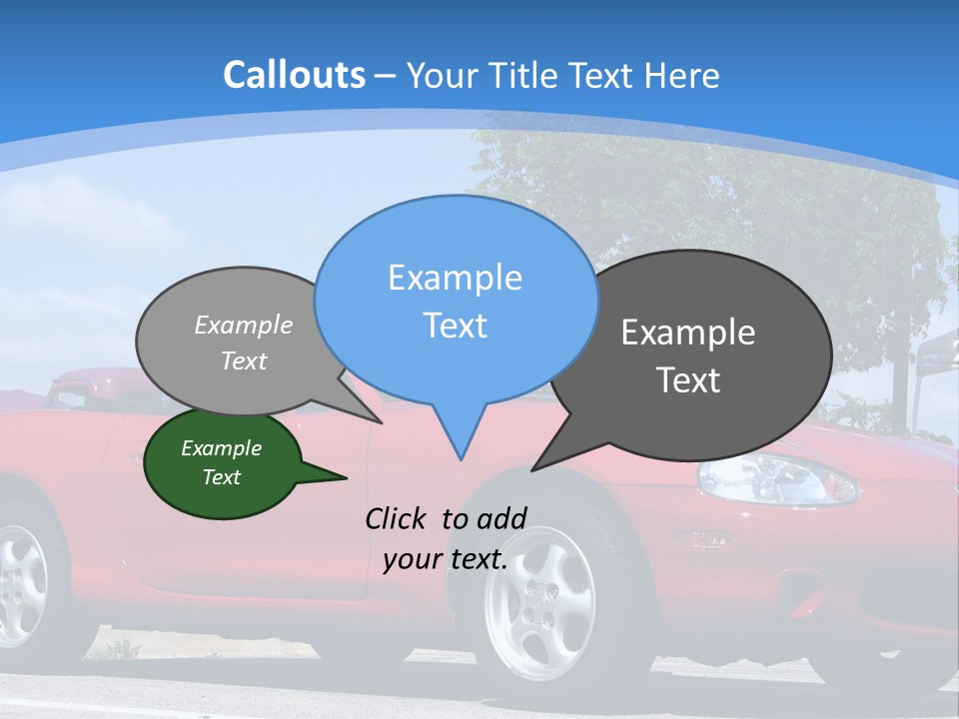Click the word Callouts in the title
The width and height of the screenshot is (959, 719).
pyautogui.click(x=294, y=75)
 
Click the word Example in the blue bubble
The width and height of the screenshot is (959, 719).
pyautogui.click(x=455, y=278)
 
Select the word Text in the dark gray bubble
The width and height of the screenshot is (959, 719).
pyautogui.click(x=688, y=380)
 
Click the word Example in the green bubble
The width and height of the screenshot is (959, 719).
pyautogui.click(x=222, y=448)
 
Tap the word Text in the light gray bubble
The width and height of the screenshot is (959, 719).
pyautogui.click(x=244, y=361)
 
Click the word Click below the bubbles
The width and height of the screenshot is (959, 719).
pyautogui.click(x=398, y=518)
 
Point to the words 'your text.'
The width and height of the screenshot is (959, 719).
pyautogui.click(x=445, y=559)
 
